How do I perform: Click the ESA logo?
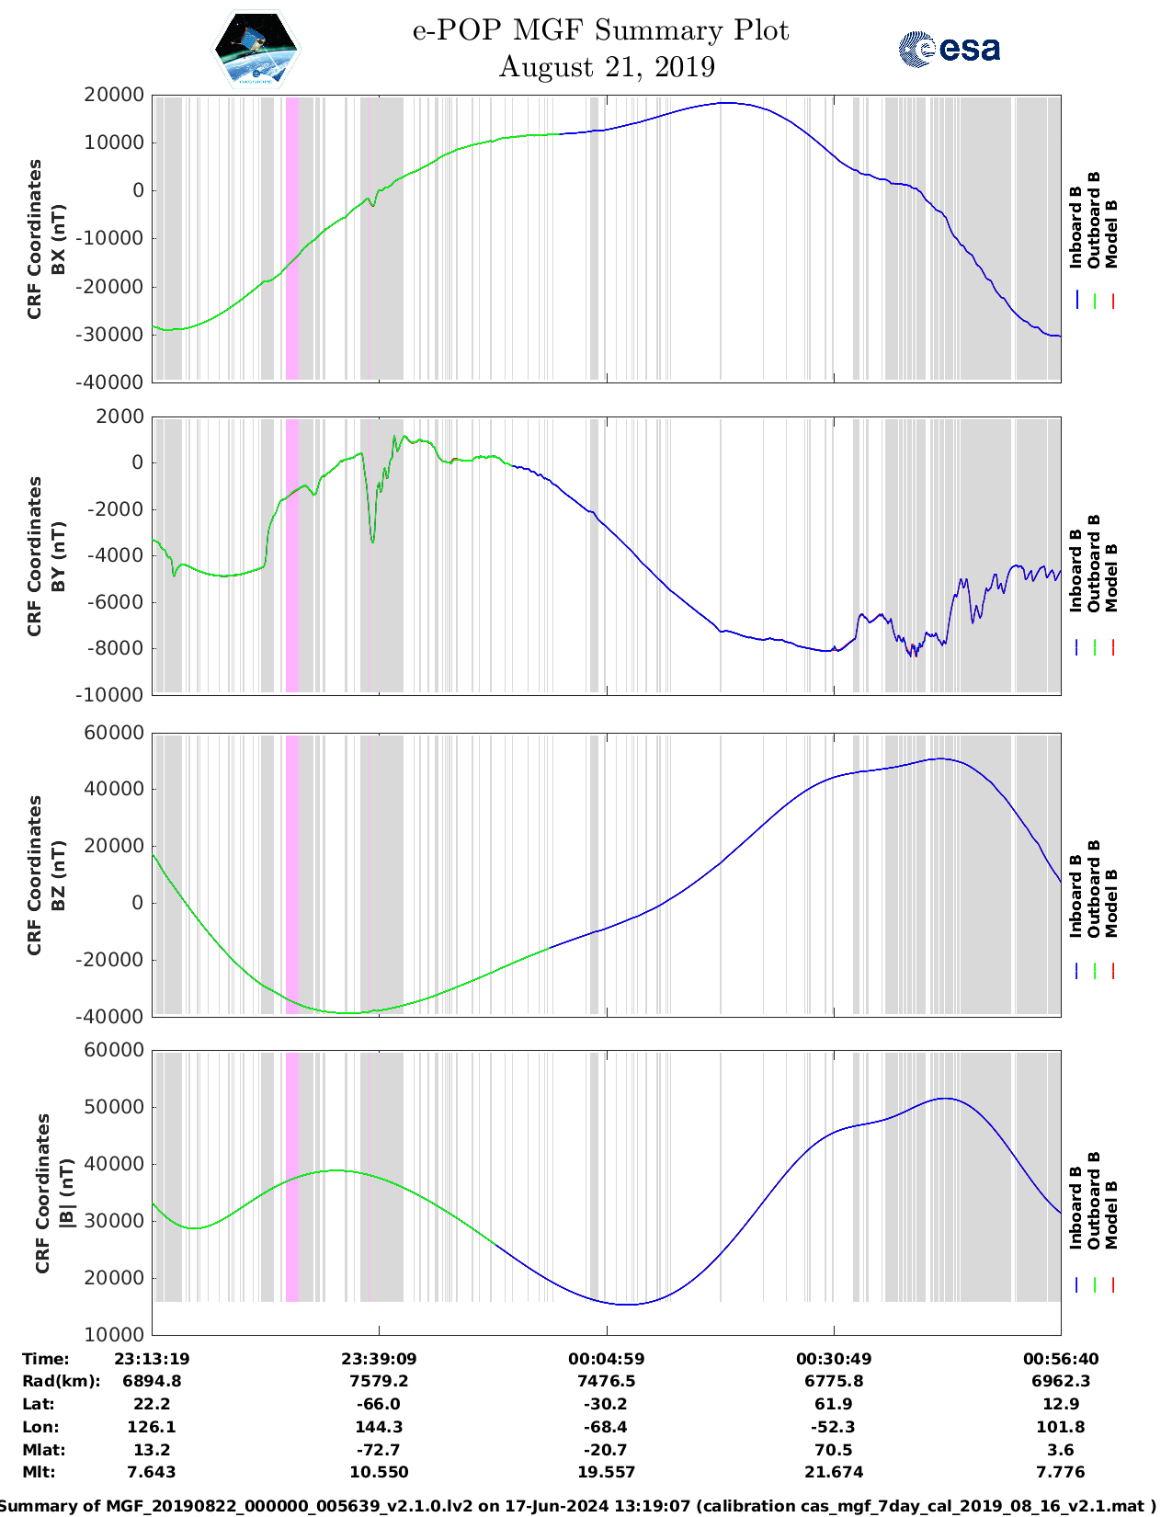950,49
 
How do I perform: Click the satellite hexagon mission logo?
256,51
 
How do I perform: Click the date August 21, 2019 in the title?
607,67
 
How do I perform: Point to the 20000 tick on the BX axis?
113,95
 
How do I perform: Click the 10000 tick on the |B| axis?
113,1334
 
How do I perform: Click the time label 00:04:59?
606,1358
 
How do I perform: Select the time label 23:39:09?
379,1358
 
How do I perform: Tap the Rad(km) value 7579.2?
379,1381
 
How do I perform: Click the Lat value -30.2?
606,1404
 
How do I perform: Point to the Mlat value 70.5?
834,1450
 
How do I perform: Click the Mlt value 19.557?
606,1472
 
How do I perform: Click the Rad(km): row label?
61,1381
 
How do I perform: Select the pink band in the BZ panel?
292,873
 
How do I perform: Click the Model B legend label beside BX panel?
1112,234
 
